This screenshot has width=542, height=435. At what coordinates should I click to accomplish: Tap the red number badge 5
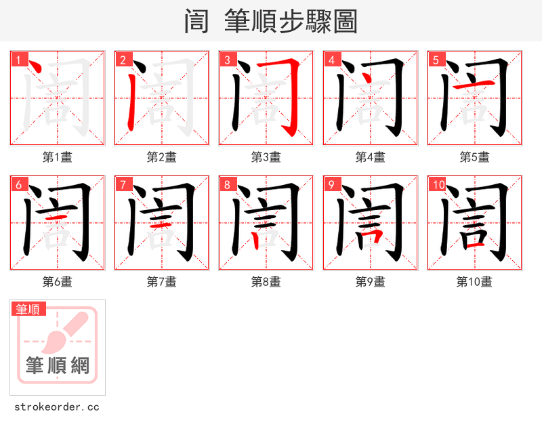point(436,60)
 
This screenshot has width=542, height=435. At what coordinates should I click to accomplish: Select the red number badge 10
point(438,184)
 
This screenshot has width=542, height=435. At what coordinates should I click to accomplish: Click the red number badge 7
point(123,184)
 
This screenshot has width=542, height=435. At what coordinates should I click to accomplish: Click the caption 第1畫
point(58,157)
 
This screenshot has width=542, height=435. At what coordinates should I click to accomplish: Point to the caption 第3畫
point(266,157)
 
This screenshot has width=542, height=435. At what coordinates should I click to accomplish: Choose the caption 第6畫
point(58,282)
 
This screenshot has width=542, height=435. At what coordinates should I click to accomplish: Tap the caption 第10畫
point(474,282)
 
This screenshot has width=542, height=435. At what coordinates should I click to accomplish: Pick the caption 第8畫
point(266,282)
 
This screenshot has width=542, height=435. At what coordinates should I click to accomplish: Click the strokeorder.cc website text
point(57,407)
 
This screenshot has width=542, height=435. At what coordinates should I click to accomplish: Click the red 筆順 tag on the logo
point(29,309)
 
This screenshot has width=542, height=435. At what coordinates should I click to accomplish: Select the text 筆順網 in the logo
point(58,366)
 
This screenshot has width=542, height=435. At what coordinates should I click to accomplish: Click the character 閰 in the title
point(196,22)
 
